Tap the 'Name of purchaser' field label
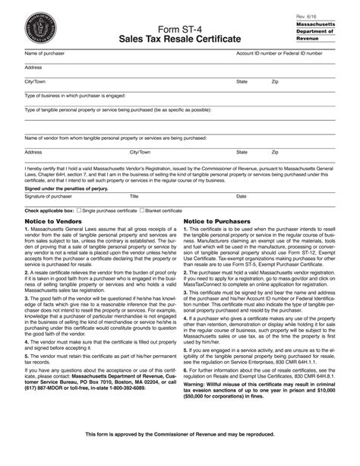[x=45, y=54]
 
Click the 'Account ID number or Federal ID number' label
[x=279, y=54]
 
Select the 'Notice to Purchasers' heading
[x=216, y=220]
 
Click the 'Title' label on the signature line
[x=134, y=196]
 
